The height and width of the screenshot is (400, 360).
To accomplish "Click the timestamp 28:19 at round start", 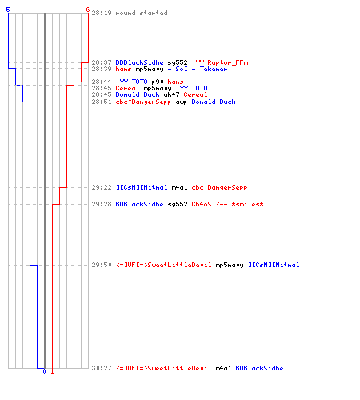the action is [102, 13].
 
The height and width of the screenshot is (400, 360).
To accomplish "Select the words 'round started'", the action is [142, 13].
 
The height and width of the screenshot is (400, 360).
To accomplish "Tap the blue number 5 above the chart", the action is [8, 10].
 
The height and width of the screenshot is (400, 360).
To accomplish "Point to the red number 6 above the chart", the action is [88, 10].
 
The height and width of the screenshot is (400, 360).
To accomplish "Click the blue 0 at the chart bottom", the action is [44, 371].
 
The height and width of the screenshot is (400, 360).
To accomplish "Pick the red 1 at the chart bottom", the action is [52, 371].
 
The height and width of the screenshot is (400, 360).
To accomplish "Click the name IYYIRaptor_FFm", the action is [220, 62].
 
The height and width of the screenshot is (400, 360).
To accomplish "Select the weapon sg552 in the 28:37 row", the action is [178, 63].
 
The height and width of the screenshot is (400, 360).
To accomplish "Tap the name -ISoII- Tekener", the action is [198, 69].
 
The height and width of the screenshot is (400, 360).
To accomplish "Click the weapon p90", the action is [158, 82].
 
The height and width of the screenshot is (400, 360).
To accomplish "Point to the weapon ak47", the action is [171, 94].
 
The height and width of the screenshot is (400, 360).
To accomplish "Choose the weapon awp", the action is [182, 102].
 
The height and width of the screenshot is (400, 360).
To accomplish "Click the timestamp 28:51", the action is [102, 102].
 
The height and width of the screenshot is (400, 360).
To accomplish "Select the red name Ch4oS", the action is [202, 204].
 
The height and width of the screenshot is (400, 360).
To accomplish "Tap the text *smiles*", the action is [247, 204].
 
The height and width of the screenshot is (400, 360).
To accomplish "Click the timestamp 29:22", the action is [102, 187].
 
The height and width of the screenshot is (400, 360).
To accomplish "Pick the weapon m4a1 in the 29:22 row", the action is [179, 187].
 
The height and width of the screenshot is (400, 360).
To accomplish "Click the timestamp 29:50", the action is [102, 265].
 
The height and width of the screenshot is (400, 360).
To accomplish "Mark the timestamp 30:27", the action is [102, 368].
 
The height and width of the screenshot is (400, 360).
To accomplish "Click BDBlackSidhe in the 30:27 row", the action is [259, 368].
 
